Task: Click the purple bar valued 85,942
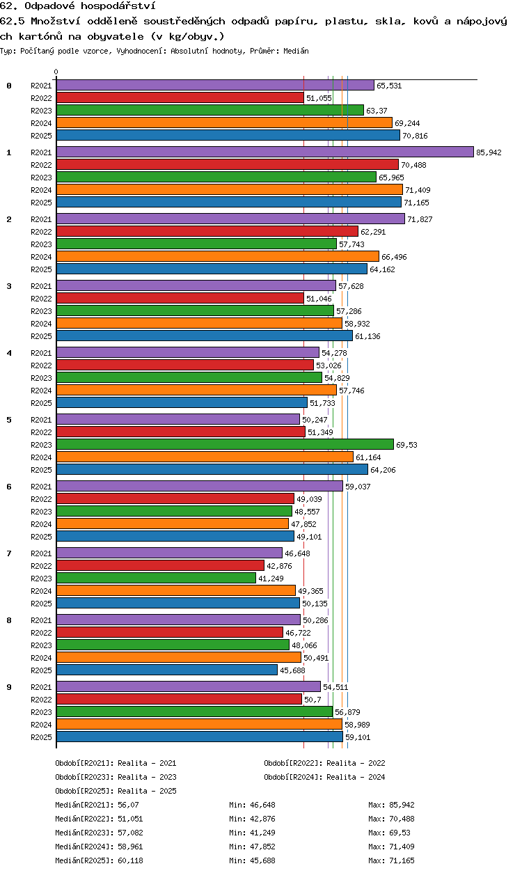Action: click(x=265, y=152)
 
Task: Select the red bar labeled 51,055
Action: click(x=180, y=98)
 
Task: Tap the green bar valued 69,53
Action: click(x=225, y=444)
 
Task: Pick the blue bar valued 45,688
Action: click(x=167, y=670)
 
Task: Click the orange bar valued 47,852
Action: click(x=173, y=524)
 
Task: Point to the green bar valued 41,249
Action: click(x=156, y=578)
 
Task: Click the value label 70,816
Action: click(x=415, y=136)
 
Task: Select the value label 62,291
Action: click(x=373, y=232)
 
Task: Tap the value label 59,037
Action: click(x=358, y=487)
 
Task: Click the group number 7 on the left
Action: click(x=9, y=553)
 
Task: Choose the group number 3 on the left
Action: click(x=9, y=285)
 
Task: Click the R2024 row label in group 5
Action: click(x=41, y=457)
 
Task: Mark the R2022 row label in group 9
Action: click(x=41, y=700)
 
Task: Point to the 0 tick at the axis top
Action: click(x=56, y=72)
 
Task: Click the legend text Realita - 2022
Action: click(x=356, y=763)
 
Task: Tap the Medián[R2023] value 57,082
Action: click(x=130, y=833)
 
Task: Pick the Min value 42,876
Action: click(x=262, y=819)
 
